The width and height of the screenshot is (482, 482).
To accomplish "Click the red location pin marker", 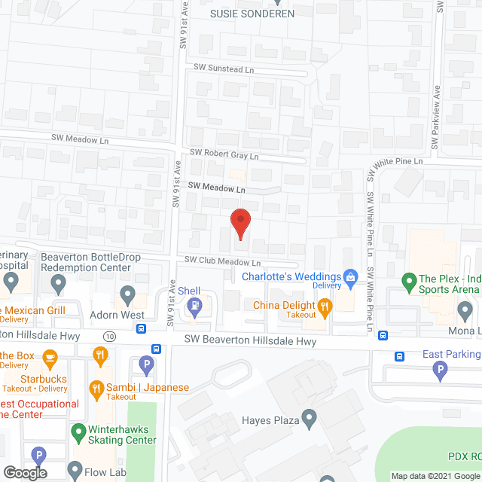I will (x=239, y=224).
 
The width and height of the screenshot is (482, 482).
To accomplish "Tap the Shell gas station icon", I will (x=194, y=305).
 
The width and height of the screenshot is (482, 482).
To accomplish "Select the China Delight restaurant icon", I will (x=325, y=305).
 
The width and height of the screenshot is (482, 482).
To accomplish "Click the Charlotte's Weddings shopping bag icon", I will (x=350, y=276).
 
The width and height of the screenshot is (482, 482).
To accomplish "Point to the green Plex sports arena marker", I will (x=409, y=283).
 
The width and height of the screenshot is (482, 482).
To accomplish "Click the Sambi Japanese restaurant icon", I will (x=96, y=389).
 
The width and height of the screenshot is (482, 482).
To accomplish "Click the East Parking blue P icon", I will (x=440, y=369).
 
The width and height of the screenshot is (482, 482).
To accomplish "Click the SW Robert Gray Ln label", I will (x=224, y=153).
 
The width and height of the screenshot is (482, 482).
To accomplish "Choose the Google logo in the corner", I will (x=24, y=473).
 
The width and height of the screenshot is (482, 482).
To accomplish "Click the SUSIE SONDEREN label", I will (x=252, y=14).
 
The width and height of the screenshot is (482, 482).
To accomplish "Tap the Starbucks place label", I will (x=44, y=379).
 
